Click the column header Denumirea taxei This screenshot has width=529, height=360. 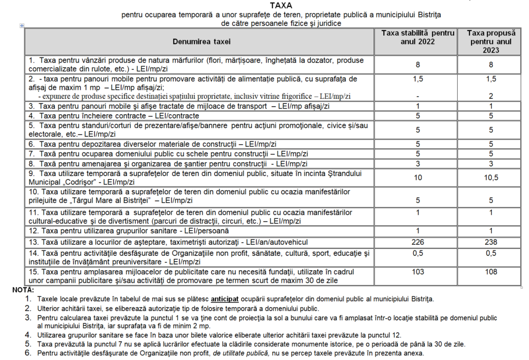pyautogui.click(x=201, y=41)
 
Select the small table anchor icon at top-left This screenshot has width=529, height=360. pyautogui.click(x=21, y=25)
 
